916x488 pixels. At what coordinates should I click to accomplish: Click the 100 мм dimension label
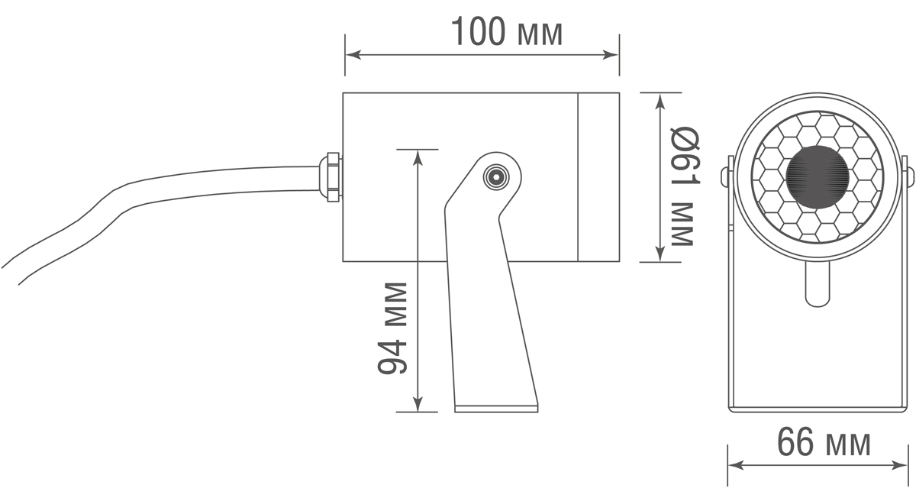507,32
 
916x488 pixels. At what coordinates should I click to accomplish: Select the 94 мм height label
392,328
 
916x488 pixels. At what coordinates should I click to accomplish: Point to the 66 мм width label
824,442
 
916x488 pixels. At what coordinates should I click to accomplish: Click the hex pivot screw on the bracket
495,177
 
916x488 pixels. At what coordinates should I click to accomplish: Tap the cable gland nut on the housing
331,177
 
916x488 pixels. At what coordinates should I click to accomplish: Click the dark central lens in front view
818,177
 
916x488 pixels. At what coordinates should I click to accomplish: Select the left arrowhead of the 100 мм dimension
353,55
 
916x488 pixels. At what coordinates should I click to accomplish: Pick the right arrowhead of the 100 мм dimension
611,55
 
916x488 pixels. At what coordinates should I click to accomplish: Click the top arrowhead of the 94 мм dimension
417,157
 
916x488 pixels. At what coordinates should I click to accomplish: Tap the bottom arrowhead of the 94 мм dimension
417,404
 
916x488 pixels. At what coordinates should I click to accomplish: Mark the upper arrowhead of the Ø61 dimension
660,102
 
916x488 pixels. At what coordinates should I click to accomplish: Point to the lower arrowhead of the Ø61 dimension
660,254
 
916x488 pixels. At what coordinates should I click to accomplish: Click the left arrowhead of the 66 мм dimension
736,465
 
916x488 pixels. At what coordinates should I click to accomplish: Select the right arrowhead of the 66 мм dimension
900,465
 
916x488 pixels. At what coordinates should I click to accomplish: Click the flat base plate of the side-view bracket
496,409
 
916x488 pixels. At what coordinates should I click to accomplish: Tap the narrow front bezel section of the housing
598,177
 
